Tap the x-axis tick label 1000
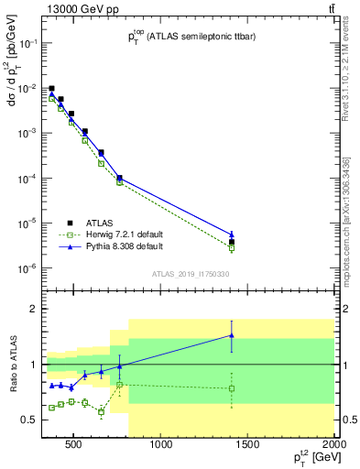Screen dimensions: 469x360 161,446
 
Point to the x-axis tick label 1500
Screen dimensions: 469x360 248,446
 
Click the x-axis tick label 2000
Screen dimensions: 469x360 334,446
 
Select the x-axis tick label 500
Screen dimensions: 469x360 75,446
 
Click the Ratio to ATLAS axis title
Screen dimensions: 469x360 12,385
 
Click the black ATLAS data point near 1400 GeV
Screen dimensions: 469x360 232,242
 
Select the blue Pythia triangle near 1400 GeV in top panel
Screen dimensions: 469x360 232,234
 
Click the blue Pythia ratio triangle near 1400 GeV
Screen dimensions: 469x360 232,335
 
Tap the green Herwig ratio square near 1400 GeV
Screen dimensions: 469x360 232,388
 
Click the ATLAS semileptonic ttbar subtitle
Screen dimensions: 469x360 192,37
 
